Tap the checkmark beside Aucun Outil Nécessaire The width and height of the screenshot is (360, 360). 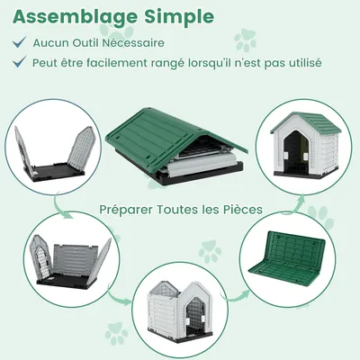[19, 42]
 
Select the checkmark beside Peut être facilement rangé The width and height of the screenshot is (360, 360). [19, 63]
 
